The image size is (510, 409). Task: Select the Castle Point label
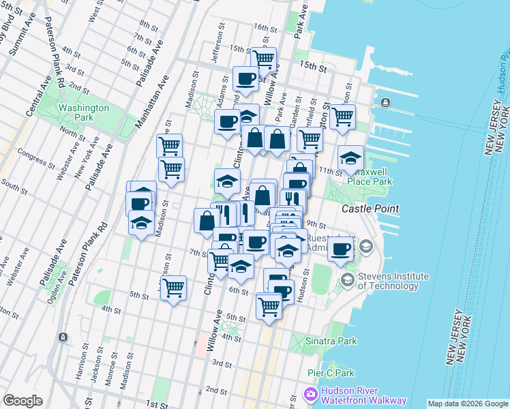(370, 208)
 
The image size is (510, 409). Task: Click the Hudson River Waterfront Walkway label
(361, 396)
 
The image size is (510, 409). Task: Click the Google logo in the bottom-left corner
(23, 400)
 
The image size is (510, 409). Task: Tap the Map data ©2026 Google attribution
(468, 404)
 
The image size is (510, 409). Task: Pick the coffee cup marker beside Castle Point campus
(340, 249)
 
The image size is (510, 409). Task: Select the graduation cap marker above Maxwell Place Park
(350, 159)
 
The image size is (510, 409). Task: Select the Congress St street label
(34, 158)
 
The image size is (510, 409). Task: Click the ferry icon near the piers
(386, 102)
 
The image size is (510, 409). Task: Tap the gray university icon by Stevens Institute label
(347, 279)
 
